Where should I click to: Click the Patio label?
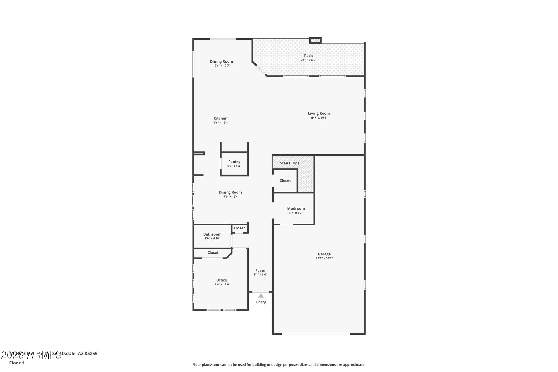(x=309, y=56)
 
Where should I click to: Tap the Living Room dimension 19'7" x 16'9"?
(x=319, y=118)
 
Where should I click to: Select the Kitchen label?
(x=220, y=118)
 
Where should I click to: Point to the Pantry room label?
(x=234, y=162)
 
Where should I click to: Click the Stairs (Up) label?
(x=289, y=163)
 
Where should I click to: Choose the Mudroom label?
(x=296, y=208)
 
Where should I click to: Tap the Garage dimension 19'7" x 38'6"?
(x=324, y=258)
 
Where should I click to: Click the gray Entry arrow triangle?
(x=261, y=296)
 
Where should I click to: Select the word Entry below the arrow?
(x=261, y=302)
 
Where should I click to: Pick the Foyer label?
(x=260, y=270)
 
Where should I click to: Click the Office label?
(x=222, y=280)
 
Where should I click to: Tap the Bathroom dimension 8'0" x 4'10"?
(x=212, y=239)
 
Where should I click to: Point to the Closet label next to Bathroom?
(x=239, y=228)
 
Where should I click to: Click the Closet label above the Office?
(x=213, y=253)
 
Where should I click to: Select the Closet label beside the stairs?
(x=285, y=181)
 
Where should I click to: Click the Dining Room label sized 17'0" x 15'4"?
(x=230, y=192)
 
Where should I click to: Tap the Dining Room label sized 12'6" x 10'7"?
(x=221, y=61)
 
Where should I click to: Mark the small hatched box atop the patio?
(x=316, y=40)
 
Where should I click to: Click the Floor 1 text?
(x=17, y=363)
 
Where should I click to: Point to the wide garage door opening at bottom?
(x=316, y=333)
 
